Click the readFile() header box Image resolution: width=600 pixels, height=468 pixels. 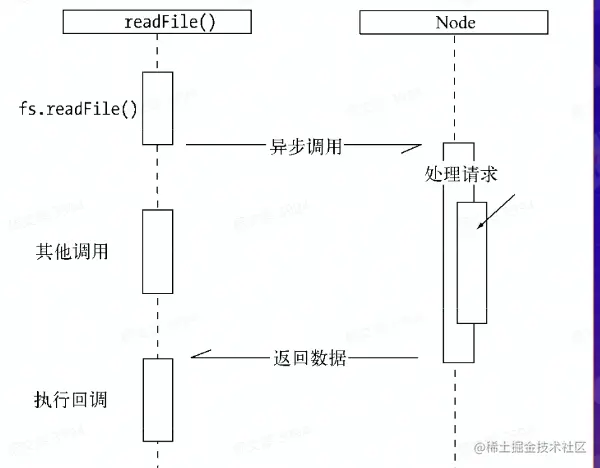tap(157, 21)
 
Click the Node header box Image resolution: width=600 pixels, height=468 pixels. tap(456, 21)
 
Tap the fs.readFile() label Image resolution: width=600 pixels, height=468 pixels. tap(79, 108)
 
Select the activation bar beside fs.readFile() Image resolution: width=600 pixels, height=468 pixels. tap(157, 107)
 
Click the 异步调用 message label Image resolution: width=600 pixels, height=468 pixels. tap(306, 146)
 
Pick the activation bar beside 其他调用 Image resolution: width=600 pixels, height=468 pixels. tap(157, 251)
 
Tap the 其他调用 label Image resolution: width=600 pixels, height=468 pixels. tap(72, 251)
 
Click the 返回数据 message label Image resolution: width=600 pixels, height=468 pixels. tap(309, 357)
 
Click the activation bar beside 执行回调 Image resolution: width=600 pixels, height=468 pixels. tap(157, 397)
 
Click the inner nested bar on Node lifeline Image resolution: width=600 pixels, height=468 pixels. tap(472, 262)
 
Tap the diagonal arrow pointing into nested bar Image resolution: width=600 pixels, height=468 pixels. tap(497, 212)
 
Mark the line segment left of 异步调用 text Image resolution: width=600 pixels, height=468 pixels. tap(225, 146)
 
